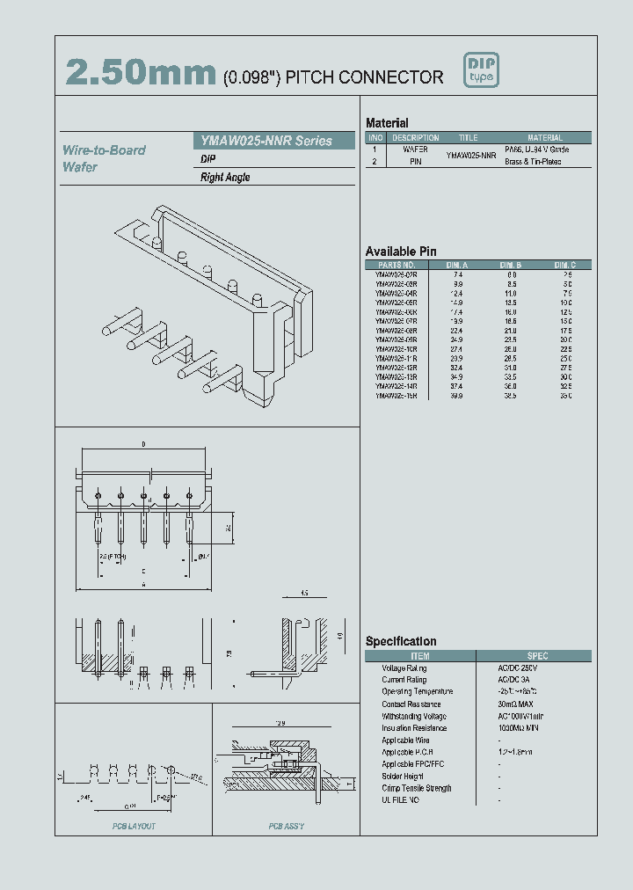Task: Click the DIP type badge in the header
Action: pyautogui.click(x=481, y=71)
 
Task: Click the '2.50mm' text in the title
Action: pyautogui.click(x=141, y=74)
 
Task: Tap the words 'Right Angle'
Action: pyautogui.click(x=225, y=178)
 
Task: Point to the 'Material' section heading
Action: pyautogui.click(x=387, y=123)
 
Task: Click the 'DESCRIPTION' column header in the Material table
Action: pyautogui.click(x=415, y=138)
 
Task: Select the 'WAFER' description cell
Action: pyautogui.click(x=415, y=150)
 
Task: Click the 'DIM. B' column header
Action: pyautogui.click(x=511, y=265)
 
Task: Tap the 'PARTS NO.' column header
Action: pyautogui.click(x=396, y=265)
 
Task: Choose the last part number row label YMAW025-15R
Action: pyautogui.click(x=396, y=396)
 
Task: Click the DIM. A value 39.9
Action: pyautogui.click(x=458, y=396)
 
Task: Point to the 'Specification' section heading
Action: pyautogui.click(x=400, y=641)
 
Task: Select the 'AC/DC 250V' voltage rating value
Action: pyautogui.click(x=519, y=668)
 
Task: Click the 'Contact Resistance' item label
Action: pyautogui.click(x=411, y=704)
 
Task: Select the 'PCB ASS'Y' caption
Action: pyautogui.click(x=287, y=827)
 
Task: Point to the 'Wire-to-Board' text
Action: pyautogui.click(x=104, y=150)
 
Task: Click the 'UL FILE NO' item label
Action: pyautogui.click(x=400, y=800)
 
